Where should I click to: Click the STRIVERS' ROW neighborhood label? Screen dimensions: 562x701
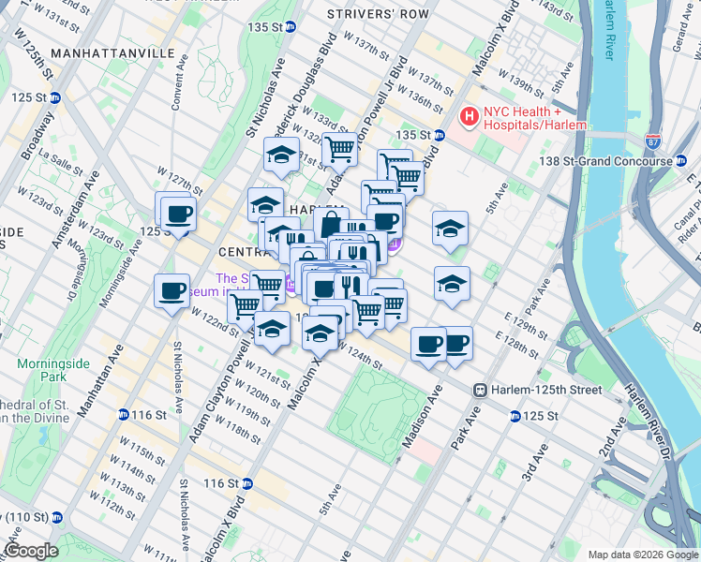point(378,14)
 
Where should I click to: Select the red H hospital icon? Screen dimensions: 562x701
point(468,117)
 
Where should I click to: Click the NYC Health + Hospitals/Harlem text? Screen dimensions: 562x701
point(534,117)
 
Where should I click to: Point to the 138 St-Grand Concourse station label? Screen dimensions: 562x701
point(604,161)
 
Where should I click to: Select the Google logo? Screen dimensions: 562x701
point(31,550)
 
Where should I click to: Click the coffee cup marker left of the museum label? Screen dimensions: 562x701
point(172,290)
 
